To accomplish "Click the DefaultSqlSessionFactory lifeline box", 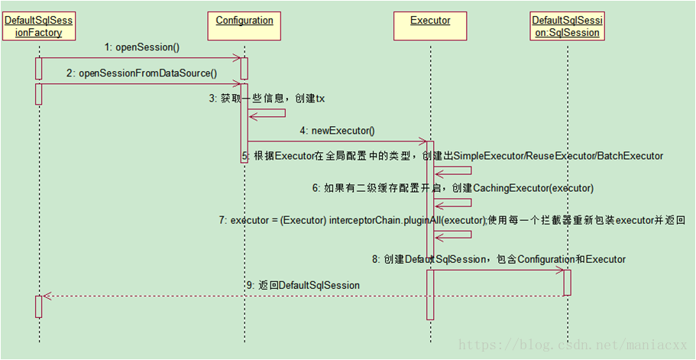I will click(x=38, y=26).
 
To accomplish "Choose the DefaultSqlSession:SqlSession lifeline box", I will click(x=568, y=26).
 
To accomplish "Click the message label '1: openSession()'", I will click(x=142, y=47).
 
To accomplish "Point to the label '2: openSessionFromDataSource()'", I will click(x=142, y=73).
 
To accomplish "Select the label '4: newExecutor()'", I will click(x=338, y=131).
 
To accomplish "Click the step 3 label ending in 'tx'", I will click(x=267, y=99).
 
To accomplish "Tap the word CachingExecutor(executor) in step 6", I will click(x=534, y=187).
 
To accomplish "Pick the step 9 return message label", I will click(x=303, y=285).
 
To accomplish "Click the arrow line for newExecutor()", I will click(x=336, y=141).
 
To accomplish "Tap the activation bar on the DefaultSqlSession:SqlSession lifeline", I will click(x=567, y=282).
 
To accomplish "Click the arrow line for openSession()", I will click(x=142, y=57).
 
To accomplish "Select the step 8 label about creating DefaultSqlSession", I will click(x=499, y=259).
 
